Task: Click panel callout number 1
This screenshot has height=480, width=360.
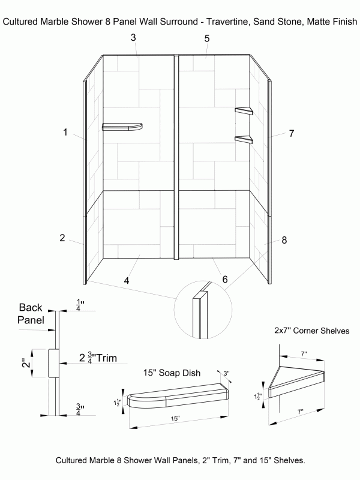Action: tap(65, 132)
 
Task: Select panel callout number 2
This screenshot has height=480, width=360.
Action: tap(62, 238)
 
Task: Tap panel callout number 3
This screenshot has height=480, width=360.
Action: tap(133, 38)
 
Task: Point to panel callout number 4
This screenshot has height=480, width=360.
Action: tap(127, 280)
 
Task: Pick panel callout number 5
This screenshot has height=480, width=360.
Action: tap(206, 38)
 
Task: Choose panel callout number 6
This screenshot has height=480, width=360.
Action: tap(224, 280)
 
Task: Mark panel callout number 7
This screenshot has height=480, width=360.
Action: tap(291, 133)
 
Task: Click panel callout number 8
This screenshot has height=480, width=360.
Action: tap(284, 240)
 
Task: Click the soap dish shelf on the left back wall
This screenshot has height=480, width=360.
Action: tap(122, 127)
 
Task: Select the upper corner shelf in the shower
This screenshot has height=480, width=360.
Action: tap(244, 111)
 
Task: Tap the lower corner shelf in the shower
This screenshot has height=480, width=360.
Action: tap(244, 140)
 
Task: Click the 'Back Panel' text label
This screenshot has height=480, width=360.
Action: tap(31, 313)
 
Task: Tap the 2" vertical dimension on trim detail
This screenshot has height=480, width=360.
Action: tap(25, 363)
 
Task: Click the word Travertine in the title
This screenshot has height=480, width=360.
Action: tap(227, 22)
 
